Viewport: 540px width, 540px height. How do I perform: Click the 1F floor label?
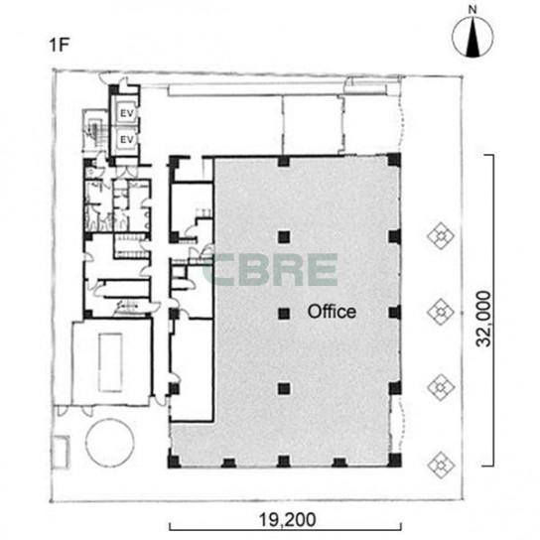(x=60, y=45)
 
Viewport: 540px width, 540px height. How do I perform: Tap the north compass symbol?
(x=472, y=37)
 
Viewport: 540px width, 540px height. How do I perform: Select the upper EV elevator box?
(x=126, y=112)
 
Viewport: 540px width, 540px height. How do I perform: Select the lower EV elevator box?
(x=126, y=140)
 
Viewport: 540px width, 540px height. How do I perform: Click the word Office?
(x=332, y=312)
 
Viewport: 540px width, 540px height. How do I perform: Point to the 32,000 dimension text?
(x=483, y=319)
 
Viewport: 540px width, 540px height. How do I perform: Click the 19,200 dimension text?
(x=287, y=519)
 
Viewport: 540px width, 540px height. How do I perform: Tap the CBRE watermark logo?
(x=270, y=270)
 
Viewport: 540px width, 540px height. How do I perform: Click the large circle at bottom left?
(x=110, y=443)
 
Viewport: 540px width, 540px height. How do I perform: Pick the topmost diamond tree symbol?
(x=441, y=236)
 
